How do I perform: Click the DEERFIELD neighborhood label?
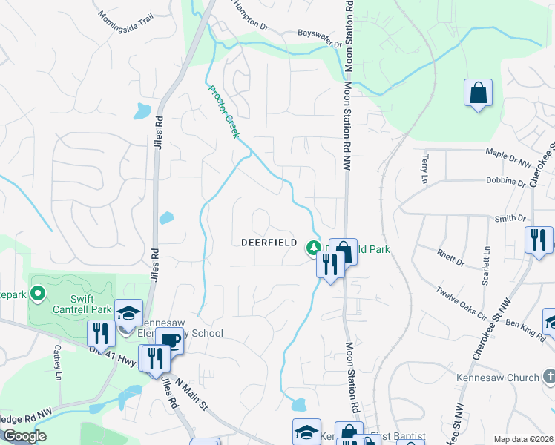[269, 243]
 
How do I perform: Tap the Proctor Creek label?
[223, 112]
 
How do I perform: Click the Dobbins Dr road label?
[506, 179]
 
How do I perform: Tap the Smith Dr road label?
[510, 219]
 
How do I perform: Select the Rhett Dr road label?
[450, 257]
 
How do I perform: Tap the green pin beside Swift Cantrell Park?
[39, 294]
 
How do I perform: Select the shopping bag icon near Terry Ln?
[478, 93]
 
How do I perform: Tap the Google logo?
[24, 435]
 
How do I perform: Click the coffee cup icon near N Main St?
[171, 341]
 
